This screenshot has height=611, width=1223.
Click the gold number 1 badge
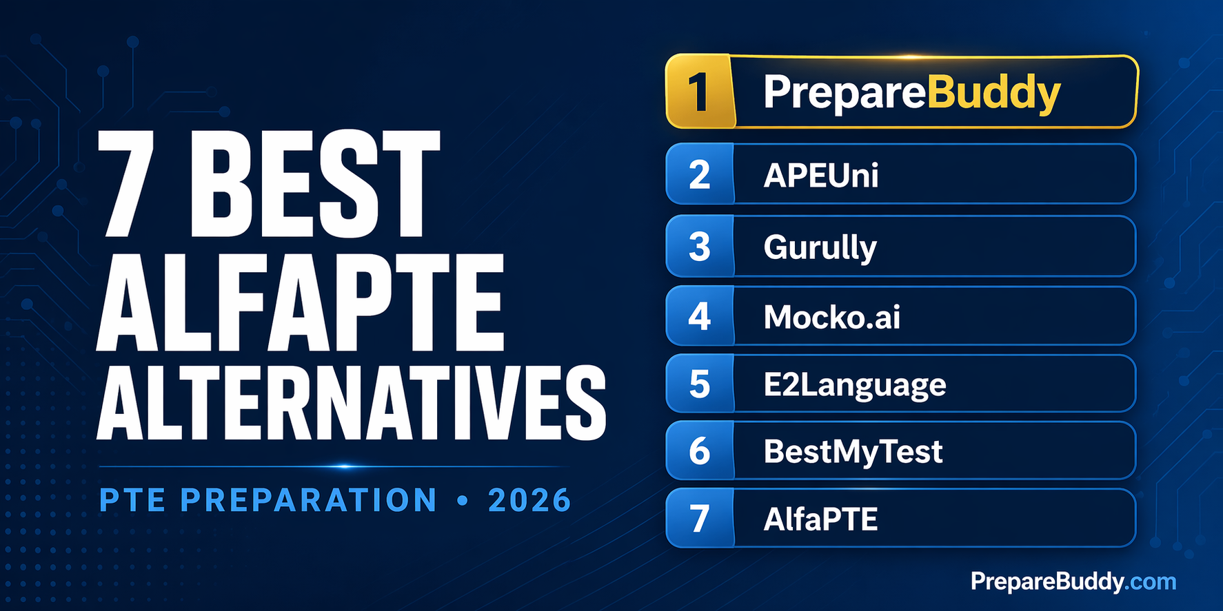pos(699,92)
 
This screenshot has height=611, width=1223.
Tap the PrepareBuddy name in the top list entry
pos(911,92)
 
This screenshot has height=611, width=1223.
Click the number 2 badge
pos(700,175)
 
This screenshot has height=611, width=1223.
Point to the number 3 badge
pos(700,247)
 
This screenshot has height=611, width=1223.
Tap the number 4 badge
pos(700,317)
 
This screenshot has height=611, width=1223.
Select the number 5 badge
pos(700,384)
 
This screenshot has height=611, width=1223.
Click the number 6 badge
pos(700,452)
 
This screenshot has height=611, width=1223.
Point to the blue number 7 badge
pos(700,519)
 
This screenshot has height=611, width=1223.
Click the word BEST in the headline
pos(314,185)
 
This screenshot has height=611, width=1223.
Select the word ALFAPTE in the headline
pos(301,304)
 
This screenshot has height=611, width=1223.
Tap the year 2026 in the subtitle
pos(529,501)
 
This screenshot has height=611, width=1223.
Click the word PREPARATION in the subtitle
pos(308,501)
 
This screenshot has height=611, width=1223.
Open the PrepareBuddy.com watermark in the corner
pos(1073,582)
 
